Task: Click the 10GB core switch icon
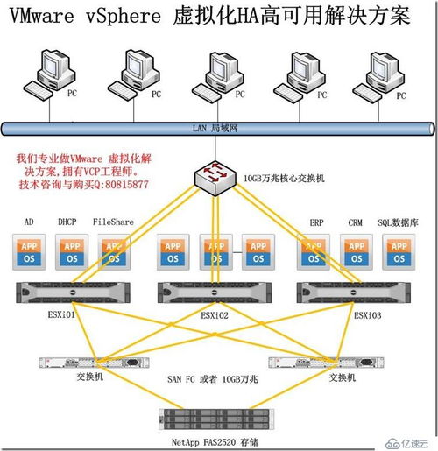click(215, 178)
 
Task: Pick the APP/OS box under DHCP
click(71, 251)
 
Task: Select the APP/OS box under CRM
click(356, 251)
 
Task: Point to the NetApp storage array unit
click(218, 419)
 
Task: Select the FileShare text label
click(113, 222)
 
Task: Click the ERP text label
click(317, 222)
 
